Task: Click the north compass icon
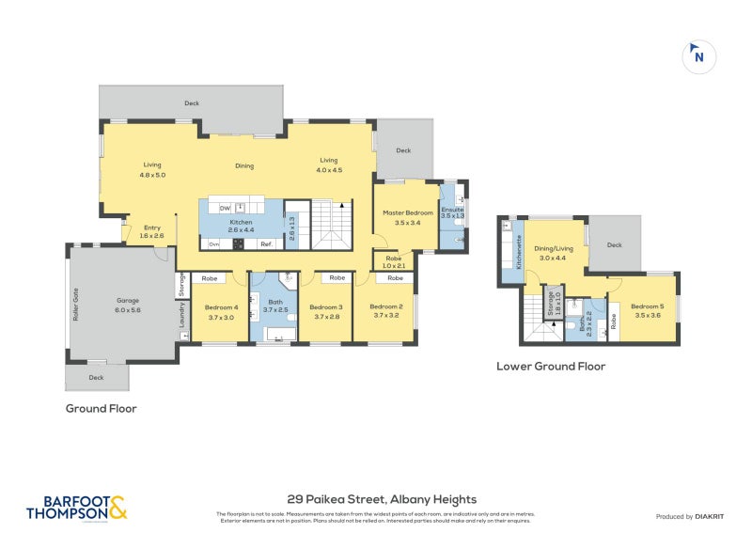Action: coord(697,55)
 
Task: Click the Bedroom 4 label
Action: coord(222,312)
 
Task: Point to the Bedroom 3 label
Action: coord(326,312)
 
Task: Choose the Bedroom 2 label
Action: coord(386,312)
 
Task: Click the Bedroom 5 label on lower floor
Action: coord(647,311)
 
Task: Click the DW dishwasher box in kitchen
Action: coord(225,208)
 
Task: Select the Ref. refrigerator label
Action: coord(267,244)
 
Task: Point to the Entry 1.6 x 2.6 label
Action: coord(152,231)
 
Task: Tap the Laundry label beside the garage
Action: coord(182,321)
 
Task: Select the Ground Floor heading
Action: coord(101,409)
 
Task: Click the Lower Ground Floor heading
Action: coord(551,367)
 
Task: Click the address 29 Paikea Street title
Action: coord(381,499)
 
